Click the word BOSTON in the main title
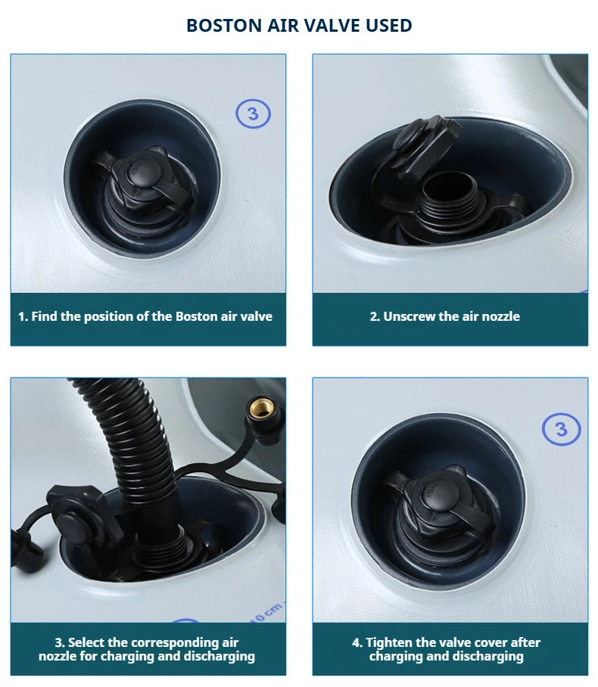tap(224, 26)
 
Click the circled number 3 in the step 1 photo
tap(253, 114)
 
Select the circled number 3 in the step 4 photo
tap(561, 429)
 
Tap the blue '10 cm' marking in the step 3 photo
tap(267, 611)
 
